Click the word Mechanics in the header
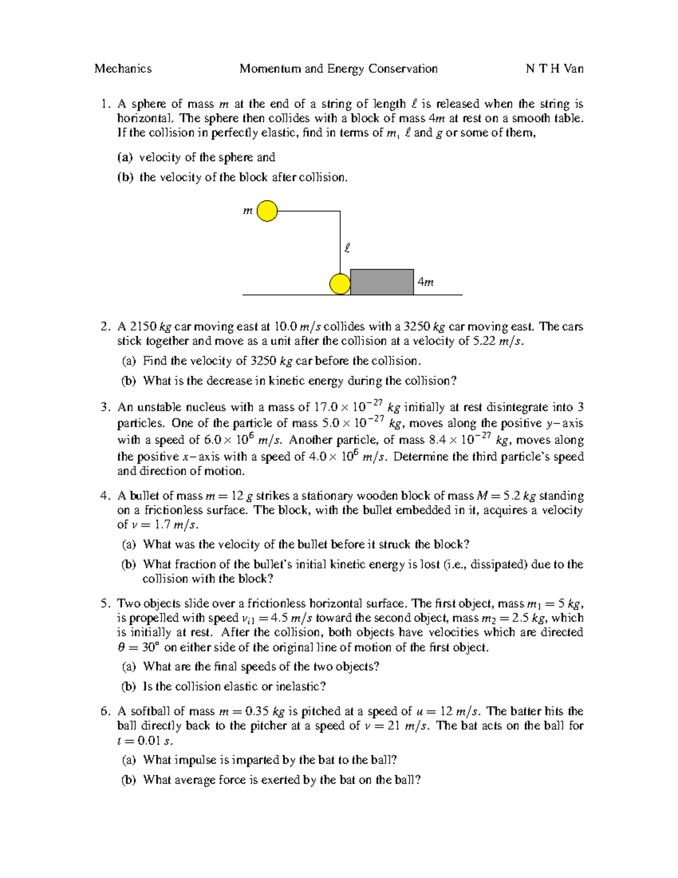click(x=123, y=69)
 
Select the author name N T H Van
click(x=554, y=69)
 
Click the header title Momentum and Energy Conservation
click(x=338, y=69)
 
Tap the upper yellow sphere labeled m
click(x=267, y=211)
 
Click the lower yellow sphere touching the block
click(x=340, y=284)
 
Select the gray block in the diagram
click(x=382, y=282)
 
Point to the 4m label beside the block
click(x=425, y=282)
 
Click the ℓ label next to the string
click(x=347, y=248)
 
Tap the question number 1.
click(x=105, y=104)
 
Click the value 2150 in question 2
click(x=143, y=327)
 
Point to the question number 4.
click(x=105, y=496)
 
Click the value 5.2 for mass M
click(x=511, y=496)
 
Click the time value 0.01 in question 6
click(x=149, y=741)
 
